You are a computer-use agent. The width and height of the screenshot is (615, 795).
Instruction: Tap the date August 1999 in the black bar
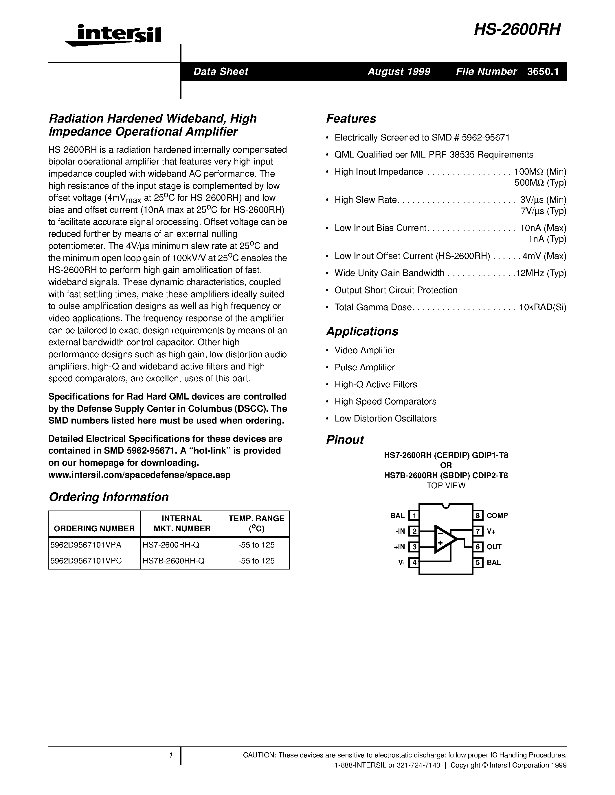click(x=399, y=72)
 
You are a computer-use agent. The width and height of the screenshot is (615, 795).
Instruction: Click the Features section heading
click(x=351, y=119)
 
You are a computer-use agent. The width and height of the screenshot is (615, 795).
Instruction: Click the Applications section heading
click(x=362, y=331)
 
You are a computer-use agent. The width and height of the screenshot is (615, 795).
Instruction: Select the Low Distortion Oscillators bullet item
click(x=385, y=419)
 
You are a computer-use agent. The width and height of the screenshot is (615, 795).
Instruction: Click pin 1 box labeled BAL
click(x=414, y=515)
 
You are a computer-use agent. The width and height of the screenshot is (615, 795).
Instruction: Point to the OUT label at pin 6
click(x=494, y=547)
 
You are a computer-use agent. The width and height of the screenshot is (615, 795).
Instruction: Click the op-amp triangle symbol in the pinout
click(x=444, y=539)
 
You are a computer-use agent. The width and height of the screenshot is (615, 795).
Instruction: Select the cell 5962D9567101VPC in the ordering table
click(x=86, y=561)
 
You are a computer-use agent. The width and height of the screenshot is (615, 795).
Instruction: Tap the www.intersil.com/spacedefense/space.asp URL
click(x=139, y=475)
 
